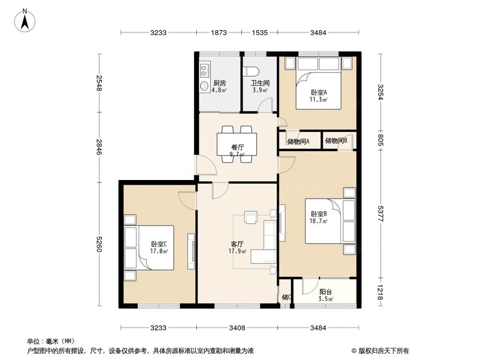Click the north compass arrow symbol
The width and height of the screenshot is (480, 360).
[27, 20]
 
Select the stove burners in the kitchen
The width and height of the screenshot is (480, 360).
[204, 71]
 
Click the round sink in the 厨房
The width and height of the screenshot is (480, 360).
[204, 86]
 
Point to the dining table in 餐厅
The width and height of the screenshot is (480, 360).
[237, 144]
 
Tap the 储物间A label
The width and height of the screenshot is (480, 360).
[298, 141]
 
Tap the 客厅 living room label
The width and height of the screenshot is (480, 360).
[237, 243]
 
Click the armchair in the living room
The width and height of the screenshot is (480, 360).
[251, 217]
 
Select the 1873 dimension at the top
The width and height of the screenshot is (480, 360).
[219, 33]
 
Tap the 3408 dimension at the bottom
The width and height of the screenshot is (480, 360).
[237, 328]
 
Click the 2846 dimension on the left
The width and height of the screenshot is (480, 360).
[99, 147]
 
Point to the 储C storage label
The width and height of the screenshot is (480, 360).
[286, 297]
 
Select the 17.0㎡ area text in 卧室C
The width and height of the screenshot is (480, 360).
[159, 251]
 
